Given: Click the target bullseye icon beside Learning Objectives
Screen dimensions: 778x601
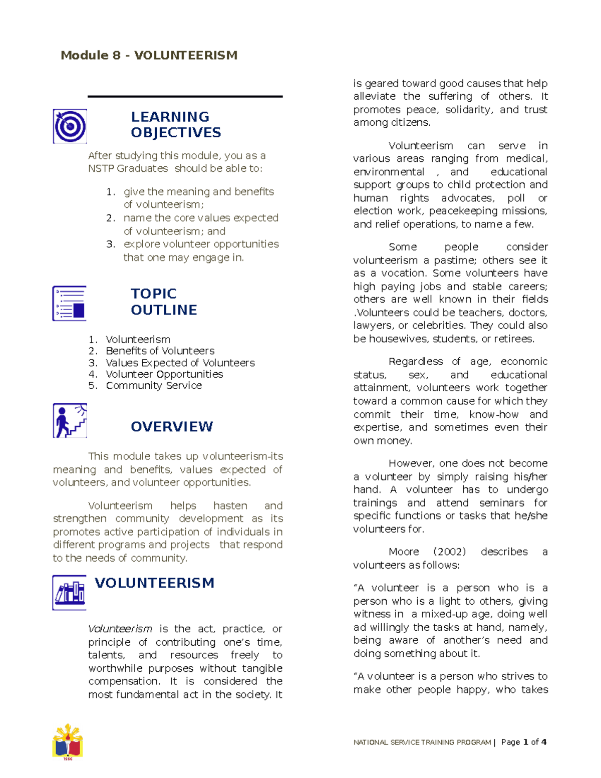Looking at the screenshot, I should point(70,126).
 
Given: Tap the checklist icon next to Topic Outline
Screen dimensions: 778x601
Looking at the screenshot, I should point(70,304).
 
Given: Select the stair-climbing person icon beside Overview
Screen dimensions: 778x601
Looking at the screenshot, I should point(70,421).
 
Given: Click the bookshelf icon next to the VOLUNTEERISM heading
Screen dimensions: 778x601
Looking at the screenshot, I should point(70,593).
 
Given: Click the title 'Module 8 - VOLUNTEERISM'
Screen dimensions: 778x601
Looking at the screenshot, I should point(149,55).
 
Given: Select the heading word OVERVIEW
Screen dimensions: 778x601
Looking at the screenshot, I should point(172,427).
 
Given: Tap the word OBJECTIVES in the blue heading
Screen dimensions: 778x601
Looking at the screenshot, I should point(176,133).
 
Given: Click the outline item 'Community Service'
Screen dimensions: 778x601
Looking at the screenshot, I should point(154,386).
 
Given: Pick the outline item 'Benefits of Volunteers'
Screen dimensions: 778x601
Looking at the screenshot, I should point(160,351).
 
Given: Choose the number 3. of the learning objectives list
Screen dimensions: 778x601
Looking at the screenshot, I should point(111,244).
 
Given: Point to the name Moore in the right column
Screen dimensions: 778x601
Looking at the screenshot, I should point(404,552).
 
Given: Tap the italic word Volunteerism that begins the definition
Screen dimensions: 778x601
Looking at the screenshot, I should point(120,629).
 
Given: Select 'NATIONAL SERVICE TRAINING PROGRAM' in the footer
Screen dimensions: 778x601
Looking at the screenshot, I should point(422,742).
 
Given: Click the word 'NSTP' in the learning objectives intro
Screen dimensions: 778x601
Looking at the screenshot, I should point(101,169).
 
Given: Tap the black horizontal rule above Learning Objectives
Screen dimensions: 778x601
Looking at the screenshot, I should point(185,96).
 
